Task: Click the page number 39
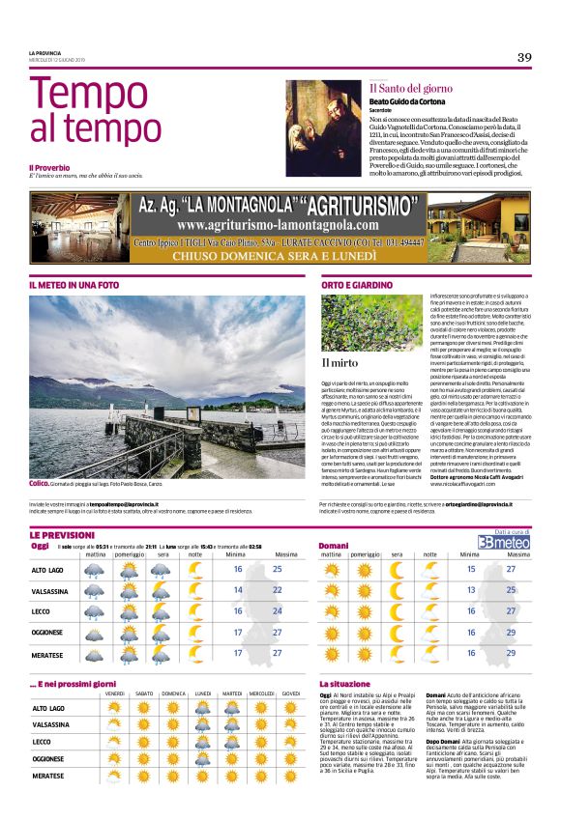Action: (x=523, y=58)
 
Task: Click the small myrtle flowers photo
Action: (x=370, y=324)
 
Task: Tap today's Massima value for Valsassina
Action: (x=278, y=589)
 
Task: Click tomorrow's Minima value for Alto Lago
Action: (x=472, y=569)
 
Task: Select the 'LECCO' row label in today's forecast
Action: (x=42, y=610)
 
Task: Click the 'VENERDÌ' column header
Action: (x=114, y=693)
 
